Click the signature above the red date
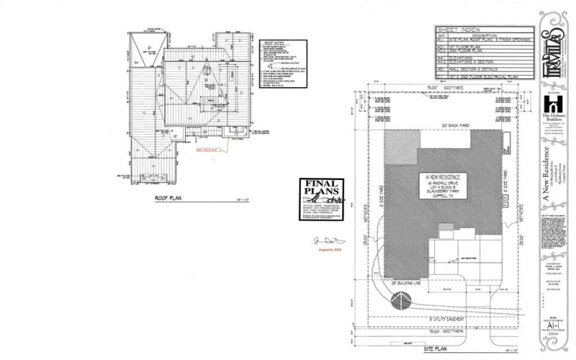click(x=323, y=239)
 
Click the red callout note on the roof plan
click(x=207, y=150)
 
